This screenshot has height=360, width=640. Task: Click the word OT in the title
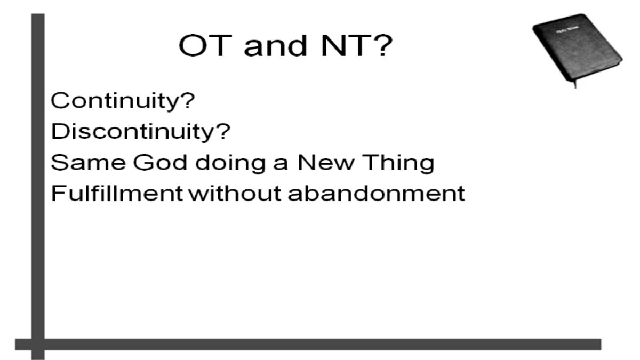pos(205,46)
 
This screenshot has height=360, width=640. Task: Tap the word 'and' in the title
pos(276,45)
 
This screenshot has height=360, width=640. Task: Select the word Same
pos(89,162)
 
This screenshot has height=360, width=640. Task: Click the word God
pos(160,162)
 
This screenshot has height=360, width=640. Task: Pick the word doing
pos(230,163)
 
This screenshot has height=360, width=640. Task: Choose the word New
pos(325,162)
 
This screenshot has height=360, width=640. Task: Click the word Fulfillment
pos(117,194)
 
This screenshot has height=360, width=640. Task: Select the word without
pos(235,194)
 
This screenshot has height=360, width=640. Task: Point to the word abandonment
pos(377,194)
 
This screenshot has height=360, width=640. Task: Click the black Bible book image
pos(577,48)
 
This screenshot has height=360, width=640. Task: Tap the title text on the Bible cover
pos(567,30)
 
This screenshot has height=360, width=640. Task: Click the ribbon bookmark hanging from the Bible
pos(575,85)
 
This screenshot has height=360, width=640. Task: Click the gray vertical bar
pos(38,186)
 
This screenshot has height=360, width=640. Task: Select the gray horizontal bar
pos(308,345)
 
